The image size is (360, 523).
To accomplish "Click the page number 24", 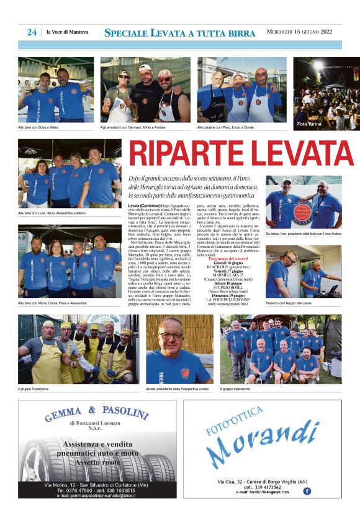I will click(32, 32).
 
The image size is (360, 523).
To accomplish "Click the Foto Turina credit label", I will click(310, 124).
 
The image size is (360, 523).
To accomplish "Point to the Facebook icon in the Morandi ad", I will click(307, 491).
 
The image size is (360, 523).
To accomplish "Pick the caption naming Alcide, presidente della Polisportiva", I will click(178, 389).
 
